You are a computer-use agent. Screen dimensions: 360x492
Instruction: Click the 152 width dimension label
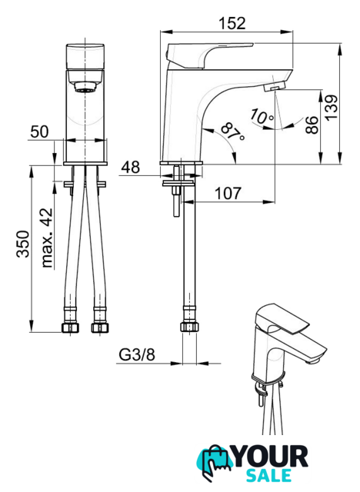pyautogui.click(x=232, y=23)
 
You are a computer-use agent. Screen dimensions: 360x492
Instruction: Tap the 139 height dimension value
pyautogui.click(x=331, y=108)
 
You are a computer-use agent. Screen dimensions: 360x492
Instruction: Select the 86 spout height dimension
pyautogui.click(x=312, y=125)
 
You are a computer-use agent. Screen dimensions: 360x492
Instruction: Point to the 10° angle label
pyautogui.click(x=262, y=117)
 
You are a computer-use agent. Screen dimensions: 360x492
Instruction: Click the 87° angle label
pyautogui.click(x=232, y=132)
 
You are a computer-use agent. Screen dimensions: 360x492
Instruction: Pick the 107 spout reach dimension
pyautogui.click(x=228, y=193)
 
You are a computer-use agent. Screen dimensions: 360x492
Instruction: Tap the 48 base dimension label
pyautogui.click(x=131, y=168)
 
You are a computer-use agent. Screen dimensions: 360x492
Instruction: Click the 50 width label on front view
pyautogui.click(x=39, y=131)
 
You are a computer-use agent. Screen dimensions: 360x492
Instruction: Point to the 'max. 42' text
pyautogui.click(x=47, y=238)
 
